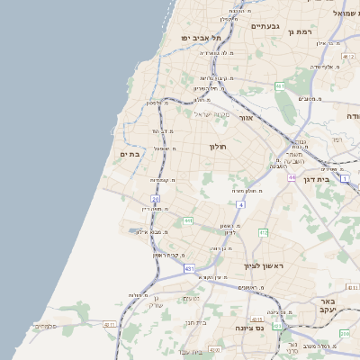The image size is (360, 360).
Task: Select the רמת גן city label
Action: click(x=301, y=31)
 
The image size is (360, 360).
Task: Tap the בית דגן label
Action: click(x=338, y=179)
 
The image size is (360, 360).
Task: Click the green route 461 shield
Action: click(x=280, y=86)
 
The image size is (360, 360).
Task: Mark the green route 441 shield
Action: click(x=187, y=220)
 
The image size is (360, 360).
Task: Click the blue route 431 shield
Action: click(x=189, y=268)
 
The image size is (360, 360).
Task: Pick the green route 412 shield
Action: click(x=264, y=232)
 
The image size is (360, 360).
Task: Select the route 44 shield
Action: click(x=292, y=177)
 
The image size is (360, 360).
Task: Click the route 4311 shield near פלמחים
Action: click(x=111, y=324)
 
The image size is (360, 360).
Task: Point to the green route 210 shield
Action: click(x=345, y=334)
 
